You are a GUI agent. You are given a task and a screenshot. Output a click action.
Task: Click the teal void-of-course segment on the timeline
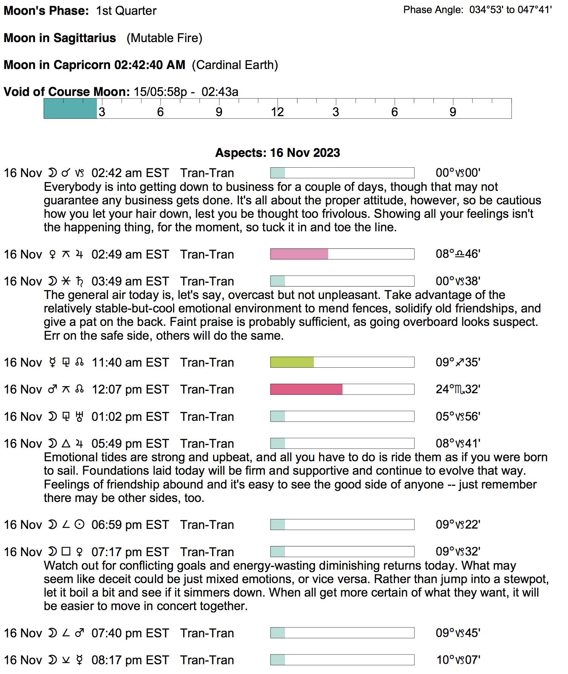(70, 109)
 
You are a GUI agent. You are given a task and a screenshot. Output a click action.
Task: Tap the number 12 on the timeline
(277, 112)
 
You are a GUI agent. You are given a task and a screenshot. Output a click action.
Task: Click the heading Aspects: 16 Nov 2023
(277, 153)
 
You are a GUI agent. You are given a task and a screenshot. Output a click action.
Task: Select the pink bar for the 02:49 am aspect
(299, 254)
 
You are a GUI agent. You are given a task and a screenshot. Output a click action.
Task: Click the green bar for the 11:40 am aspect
(292, 362)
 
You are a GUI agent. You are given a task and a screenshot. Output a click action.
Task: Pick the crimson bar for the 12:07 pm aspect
(306, 390)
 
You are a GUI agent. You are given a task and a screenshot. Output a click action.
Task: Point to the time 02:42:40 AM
(149, 65)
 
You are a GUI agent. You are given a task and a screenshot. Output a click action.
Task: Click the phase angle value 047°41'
(535, 10)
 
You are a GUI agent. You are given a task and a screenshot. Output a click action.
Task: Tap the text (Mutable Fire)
(164, 38)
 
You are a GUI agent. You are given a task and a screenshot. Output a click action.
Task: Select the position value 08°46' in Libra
(458, 254)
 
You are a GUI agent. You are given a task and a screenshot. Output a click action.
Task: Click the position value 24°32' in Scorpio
(458, 390)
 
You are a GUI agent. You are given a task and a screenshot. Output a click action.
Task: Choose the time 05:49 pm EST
(130, 444)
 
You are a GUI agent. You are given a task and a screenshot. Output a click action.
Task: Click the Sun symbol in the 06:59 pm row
(79, 525)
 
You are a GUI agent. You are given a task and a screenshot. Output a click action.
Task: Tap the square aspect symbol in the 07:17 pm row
(66, 552)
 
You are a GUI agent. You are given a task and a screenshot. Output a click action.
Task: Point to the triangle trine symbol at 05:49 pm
(66, 444)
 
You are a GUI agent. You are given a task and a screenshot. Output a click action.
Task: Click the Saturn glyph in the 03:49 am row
(79, 281)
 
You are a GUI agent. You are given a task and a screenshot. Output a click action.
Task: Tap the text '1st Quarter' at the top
(126, 11)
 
